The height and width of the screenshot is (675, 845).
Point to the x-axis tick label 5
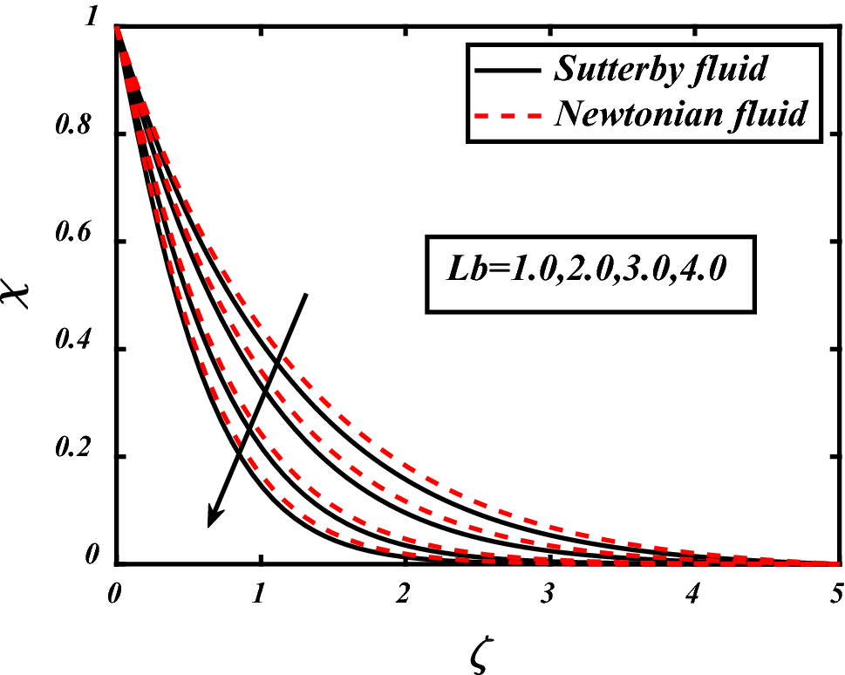tap(835, 595)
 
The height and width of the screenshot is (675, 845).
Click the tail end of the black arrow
tap(306, 295)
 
